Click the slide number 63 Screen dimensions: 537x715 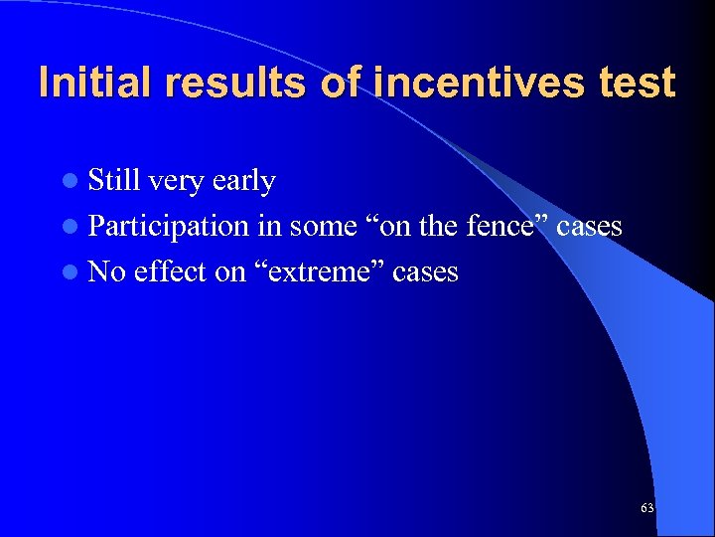[646, 508]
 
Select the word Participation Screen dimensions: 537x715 [169, 228]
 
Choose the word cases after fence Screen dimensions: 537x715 [589, 228]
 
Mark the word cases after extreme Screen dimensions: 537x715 [425, 272]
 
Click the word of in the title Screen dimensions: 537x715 [340, 82]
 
